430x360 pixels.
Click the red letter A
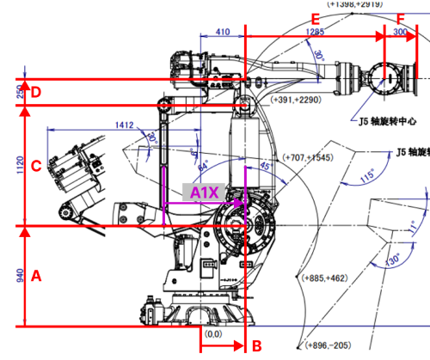36,277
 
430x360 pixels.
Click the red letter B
255,345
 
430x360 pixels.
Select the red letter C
36,167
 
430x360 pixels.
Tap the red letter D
36,91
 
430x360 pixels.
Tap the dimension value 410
223,32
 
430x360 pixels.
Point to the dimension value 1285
316,32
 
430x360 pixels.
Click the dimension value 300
400,32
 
